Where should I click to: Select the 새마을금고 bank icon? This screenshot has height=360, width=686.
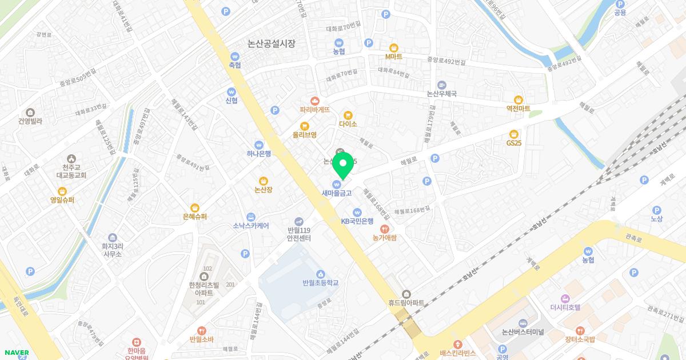tap(337, 184)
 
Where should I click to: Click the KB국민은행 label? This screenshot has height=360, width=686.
tap(357, 221)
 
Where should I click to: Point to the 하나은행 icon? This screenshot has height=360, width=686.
tap(259, 145)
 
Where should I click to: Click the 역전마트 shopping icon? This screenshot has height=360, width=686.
tap(519, 100)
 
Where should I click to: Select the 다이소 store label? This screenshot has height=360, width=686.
tap(348, 124)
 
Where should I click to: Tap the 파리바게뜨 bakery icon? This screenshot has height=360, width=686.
tap(315, 101)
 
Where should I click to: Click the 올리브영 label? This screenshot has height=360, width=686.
tap(305, 135)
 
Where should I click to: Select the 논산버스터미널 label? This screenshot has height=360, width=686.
tap(523, 332)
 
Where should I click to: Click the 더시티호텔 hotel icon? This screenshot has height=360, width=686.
tap(565, 298)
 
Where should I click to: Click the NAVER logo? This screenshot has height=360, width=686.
tap(16, 353)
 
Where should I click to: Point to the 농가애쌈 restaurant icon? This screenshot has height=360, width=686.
tap(384, 229)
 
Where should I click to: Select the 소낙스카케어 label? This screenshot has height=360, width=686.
tap(251, 226)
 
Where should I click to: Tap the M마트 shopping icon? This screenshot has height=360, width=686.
tap(393, 48)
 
